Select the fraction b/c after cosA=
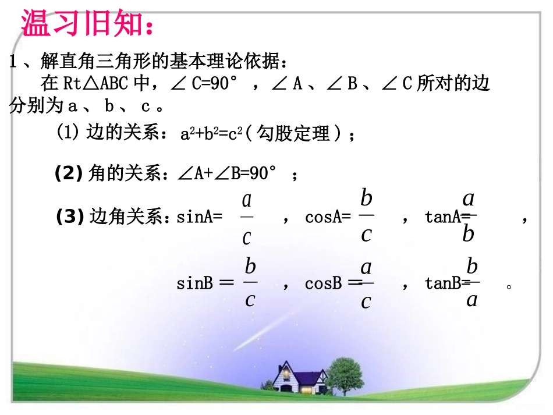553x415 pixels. [366, 215]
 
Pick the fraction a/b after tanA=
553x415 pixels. [469, 215]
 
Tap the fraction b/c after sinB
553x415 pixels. [250, 283]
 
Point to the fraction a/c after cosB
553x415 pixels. [366, 283]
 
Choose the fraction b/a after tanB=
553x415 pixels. [472, 283]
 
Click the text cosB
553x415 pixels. [323, 284]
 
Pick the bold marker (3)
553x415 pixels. [70, 218]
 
